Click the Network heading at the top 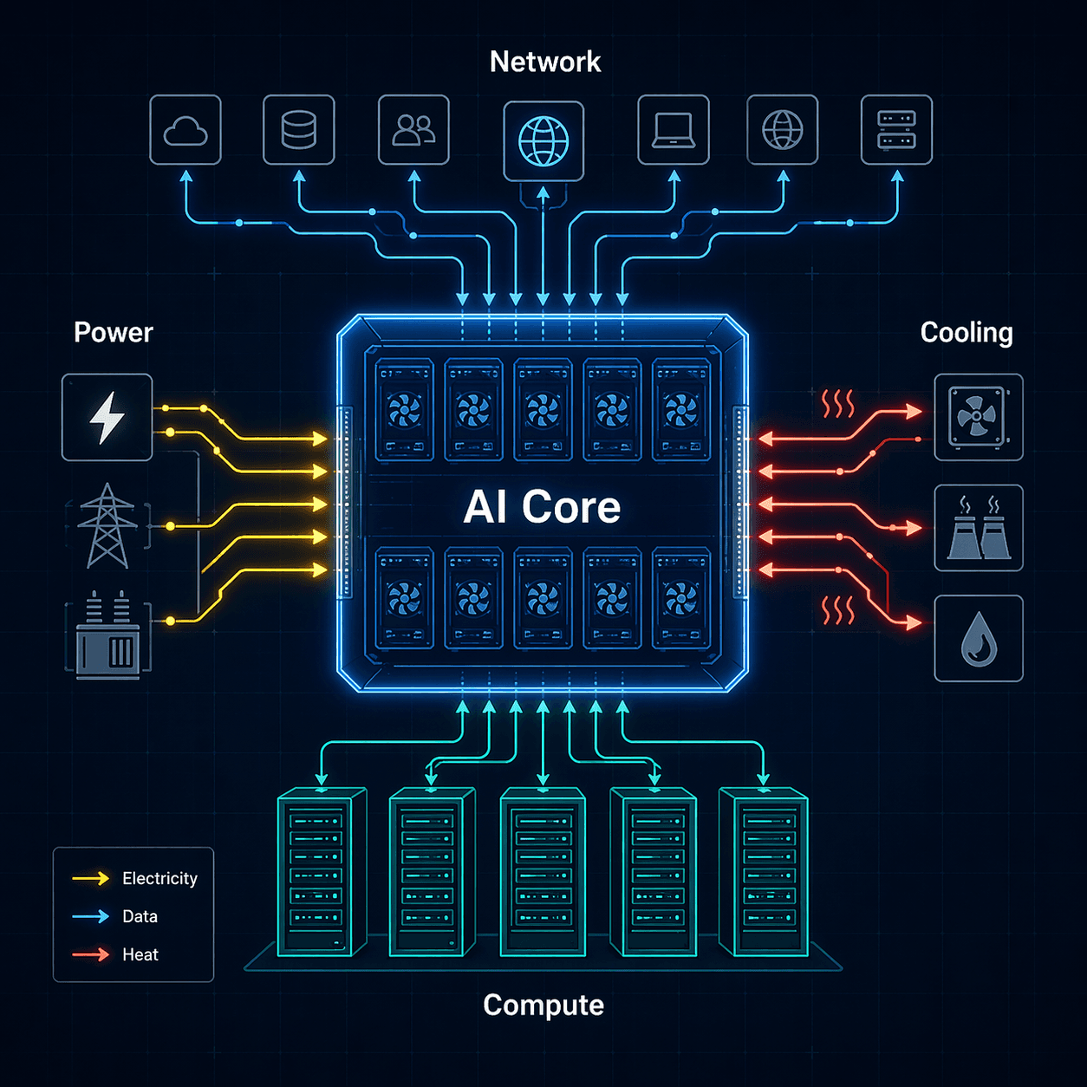pyautogui.click(x=544, y=62)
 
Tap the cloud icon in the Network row pyautogui.click(x=186, y=130)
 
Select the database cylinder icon pyautogui.click(x=299, y=130)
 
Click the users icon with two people pyautogui.click(x=413, y=130)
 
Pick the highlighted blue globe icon pyautogui.click(x=543, y=141)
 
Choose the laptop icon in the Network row pyautogui.click(x=674, y=130)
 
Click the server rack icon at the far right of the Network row pyautogui.click(x=896, y=130)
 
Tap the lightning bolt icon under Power pyautogui.click(x=107, y=417)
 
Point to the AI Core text pyautogui.click(x=542, y=507)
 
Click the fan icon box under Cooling pyautogui.click(x=979, y=417)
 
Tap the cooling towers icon pyautogui.click(x=979, y=528)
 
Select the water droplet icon pyautogui.click(x=979, y=639)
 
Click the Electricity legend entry pyautogui.click(x=159, y=878)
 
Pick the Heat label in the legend pyautogui.click(x=140, y=954)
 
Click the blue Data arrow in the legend pyautogui.click(x=91, y=916)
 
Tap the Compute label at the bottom pyautogui.click(x=543, y=1005)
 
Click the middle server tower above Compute pyautogui.click(x=543, y=871)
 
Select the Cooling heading pyautogui.click(x=966, y=333)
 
